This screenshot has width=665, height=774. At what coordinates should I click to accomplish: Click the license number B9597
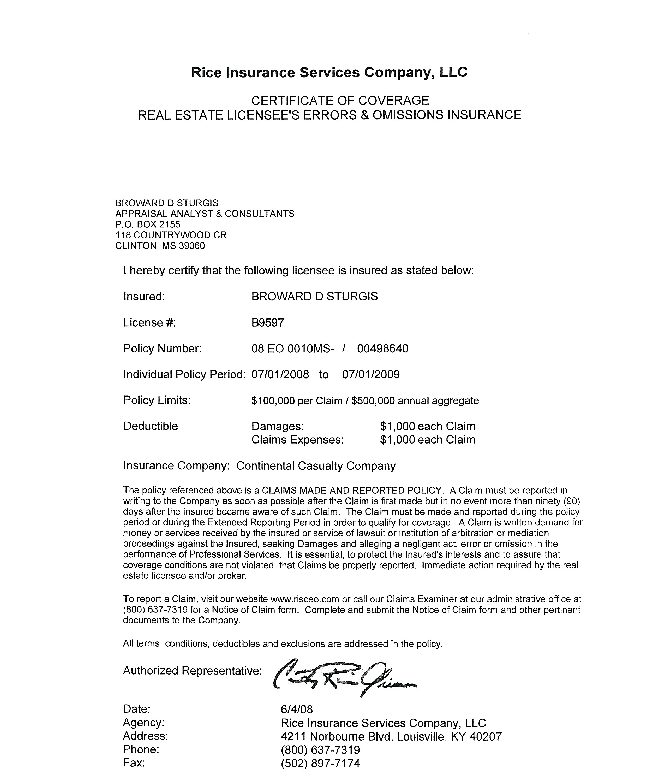pos(267,322)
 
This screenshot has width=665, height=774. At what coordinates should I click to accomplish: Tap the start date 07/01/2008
pos(280,374)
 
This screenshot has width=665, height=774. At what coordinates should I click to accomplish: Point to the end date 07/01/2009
pos(370,374)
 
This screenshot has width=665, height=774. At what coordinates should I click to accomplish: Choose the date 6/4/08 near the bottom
pos(296,709)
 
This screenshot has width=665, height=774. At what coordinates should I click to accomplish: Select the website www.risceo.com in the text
pos(304,599)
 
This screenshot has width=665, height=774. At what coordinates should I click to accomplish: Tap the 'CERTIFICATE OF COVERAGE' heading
pos(340,101)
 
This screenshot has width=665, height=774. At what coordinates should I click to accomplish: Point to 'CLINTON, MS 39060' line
pos(160,246)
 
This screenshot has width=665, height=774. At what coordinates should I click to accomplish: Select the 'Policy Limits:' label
pos(157,400)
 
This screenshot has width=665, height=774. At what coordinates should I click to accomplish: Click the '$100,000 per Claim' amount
pos(297,401)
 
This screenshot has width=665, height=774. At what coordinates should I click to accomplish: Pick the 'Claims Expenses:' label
pos(297,440)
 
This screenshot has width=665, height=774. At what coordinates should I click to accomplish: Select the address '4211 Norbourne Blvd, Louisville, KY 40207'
pos(391,737)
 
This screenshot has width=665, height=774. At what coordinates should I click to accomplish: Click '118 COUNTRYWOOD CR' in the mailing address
pos(171,235)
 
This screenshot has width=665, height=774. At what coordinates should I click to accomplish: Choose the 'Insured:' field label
pos(144,296)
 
